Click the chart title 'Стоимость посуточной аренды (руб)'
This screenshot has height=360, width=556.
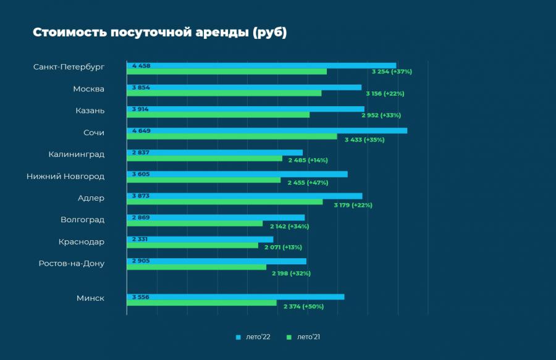(x=159, y=33)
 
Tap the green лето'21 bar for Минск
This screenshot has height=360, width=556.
(x=201, y=303)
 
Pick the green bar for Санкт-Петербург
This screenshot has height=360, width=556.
(x=226, y=72)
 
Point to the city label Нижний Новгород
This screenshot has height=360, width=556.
(x=65, y=177)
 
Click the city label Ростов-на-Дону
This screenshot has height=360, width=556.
(x=71, y=264)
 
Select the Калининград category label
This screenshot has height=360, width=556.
(x=76, y=154)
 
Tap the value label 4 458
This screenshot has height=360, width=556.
(x=141, y=65)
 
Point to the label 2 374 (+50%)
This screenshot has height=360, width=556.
(x=303, y=306)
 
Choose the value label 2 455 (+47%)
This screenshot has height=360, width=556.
(x=308, y=183)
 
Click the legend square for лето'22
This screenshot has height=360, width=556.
(x=238, y=337)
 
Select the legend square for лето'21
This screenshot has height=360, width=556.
(x=289, y=337)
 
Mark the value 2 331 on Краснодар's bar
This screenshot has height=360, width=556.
(x=140, y=239)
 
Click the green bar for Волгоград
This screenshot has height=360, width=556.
(x=195, y=224)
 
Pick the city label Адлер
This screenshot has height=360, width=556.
(x=91, y=198)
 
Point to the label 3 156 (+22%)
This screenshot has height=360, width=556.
(x=385, y=93)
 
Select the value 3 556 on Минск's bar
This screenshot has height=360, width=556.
(x=141, y=297)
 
